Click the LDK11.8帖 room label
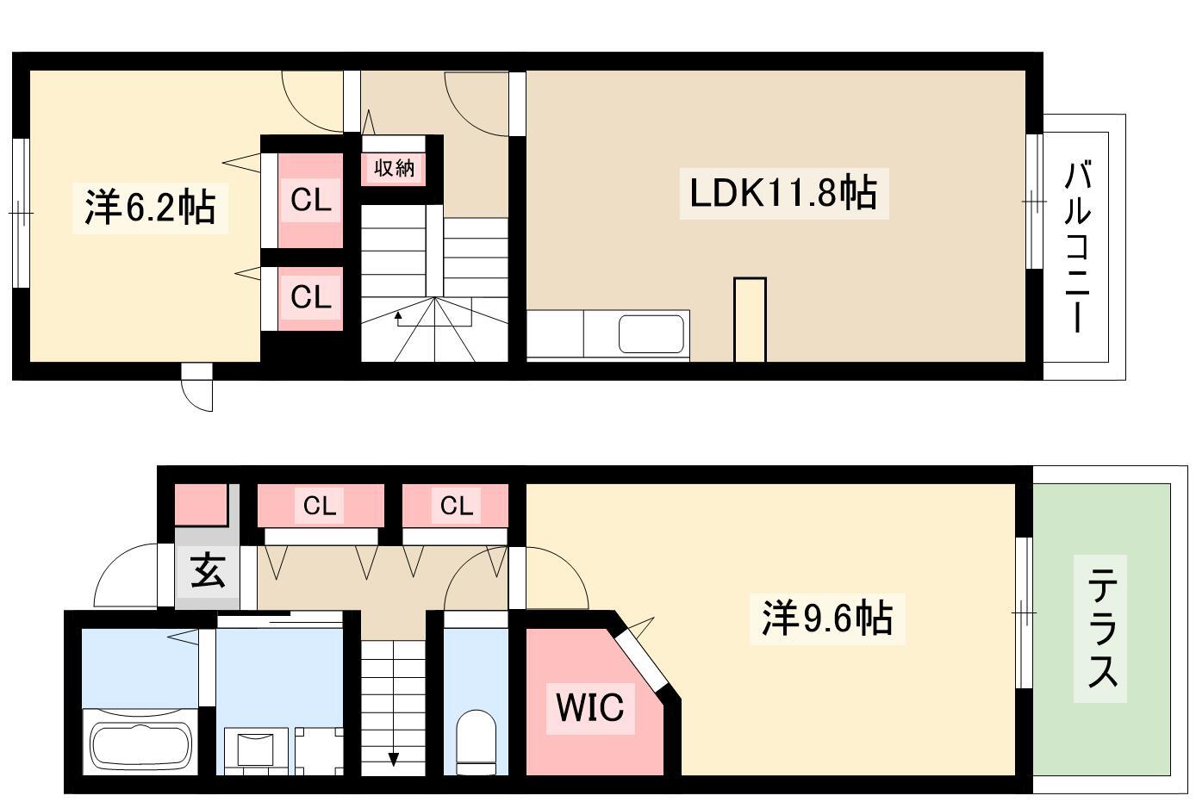pos(783,193)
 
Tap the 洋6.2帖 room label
pos(150,208)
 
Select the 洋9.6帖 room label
pos(827,619)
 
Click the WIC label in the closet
pos(590,707)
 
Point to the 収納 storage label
pos(394,169)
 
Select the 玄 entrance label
pos(208,570)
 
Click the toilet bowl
pos(477,742)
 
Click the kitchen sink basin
pos(651,333)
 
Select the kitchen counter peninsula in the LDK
pos(750,320)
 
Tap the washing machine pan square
pos(320,751)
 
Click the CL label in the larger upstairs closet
pos(311,201)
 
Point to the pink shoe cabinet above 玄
pos(202,505)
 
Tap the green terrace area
pos(1102,629)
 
